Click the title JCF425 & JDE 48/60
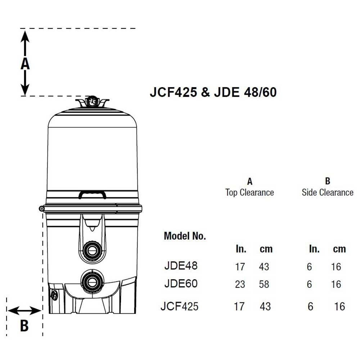213,92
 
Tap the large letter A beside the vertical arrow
25,63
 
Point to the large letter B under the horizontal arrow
24,325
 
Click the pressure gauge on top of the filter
92,101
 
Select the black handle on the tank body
92,194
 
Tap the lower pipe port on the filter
92,282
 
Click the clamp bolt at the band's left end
41,209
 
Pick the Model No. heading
185,236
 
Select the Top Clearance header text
249,192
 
